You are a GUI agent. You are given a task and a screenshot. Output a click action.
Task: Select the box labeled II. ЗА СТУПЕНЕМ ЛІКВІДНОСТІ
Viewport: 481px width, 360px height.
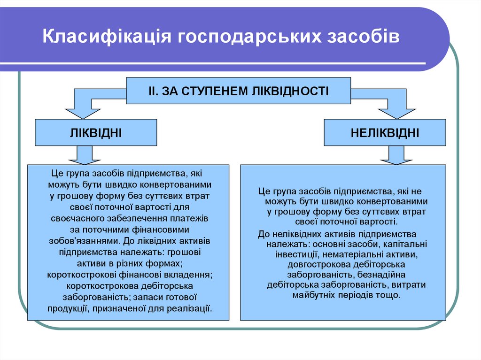coord(238,91)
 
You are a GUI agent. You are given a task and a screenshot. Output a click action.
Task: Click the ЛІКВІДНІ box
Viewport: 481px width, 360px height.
coord(96,133)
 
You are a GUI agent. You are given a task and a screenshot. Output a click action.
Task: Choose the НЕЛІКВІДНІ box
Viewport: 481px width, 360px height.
coord(385,133)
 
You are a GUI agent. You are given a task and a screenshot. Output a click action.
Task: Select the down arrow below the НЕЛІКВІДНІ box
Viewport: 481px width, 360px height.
coord(396,154)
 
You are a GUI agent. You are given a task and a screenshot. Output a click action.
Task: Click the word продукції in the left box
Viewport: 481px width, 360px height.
coord(68,308)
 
